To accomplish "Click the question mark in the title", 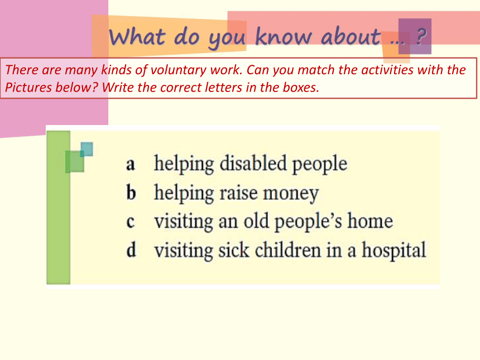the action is point(421,36).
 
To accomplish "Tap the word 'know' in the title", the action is point(284,36).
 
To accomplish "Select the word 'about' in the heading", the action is point(351,36).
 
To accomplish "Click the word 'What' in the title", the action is point(137,37).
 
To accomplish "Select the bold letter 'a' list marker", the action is point(131,165).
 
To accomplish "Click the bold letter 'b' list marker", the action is point(131,193).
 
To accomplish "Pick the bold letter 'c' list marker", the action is point(131,222).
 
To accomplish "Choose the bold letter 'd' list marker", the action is point(131,249).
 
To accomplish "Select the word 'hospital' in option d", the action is point(394,251).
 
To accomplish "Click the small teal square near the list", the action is point(87,149).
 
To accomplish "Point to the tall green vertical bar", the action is point(59,208).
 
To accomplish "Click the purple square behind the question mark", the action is point(415,36).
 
